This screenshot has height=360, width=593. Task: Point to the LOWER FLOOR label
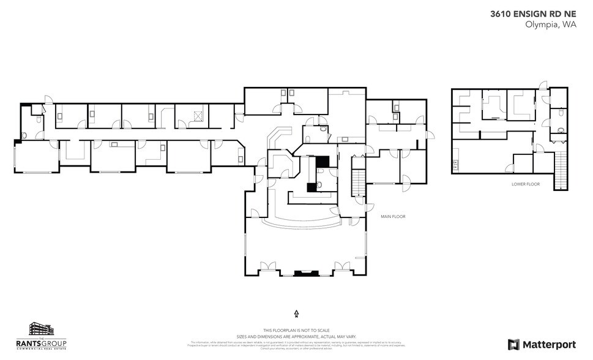[526, 184]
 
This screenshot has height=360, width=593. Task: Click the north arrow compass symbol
[296, 313]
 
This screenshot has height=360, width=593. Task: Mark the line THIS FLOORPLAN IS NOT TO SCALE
[296, 329]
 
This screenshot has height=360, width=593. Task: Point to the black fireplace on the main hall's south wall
[303, 273]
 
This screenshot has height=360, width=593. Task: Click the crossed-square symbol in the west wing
[198, 114]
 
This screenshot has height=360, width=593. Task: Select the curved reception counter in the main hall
[300, 222]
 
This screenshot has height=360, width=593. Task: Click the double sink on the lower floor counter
[455, 164]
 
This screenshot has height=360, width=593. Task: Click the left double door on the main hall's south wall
[267, 268]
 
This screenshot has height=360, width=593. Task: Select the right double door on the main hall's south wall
[341, 268]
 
